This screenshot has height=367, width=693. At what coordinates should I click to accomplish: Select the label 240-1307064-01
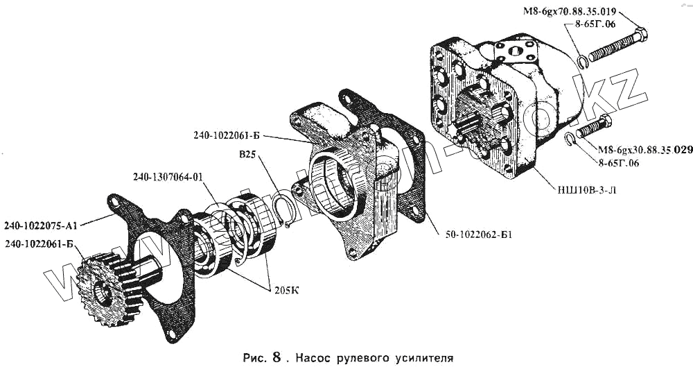tap(168, 177)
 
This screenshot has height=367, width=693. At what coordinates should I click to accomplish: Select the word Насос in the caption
tap(314, 359)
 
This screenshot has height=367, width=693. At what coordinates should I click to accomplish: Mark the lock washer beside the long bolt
tap(581, 62)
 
